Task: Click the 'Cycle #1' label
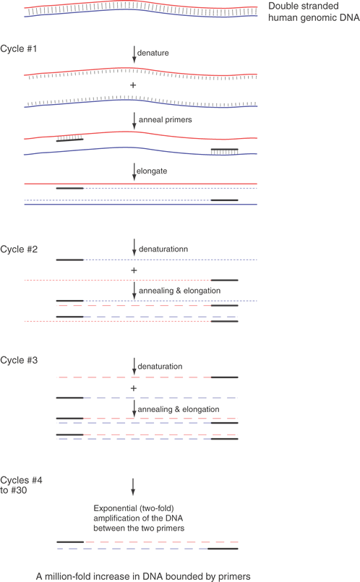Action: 19,48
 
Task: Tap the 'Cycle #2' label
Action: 19,249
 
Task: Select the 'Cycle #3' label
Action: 19,360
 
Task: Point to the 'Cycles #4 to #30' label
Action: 21,485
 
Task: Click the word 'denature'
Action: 153,53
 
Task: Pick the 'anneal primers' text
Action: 165,119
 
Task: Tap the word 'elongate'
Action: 152,171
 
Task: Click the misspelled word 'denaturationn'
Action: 163,249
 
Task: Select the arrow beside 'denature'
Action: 134,54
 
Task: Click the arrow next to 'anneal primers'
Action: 134,121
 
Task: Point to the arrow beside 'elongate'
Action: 134,172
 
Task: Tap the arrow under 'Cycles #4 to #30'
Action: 133,487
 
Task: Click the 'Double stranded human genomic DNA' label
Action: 314,12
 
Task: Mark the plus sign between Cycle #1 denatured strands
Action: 133,85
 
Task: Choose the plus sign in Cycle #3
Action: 134,388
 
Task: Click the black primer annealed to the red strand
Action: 70,140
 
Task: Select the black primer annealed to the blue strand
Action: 225,149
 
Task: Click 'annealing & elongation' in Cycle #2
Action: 179,291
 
